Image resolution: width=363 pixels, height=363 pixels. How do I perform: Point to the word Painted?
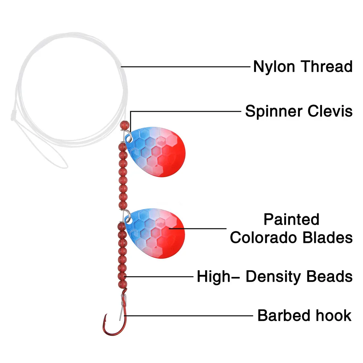291,220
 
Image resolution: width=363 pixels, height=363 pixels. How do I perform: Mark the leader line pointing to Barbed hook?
189,315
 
